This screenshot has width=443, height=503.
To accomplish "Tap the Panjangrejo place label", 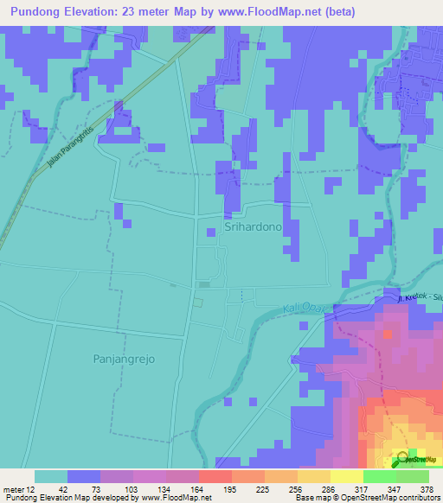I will [x=123, y=357].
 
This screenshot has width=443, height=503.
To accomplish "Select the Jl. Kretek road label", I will [x=414, y=297].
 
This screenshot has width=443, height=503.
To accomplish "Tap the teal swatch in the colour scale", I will [x=51, y=475].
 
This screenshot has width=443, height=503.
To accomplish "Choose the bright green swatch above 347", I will [x=379, y=475].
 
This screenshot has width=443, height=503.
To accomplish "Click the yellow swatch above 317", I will [x=346, y=475].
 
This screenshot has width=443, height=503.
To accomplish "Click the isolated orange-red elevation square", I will [x=388, y=332].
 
